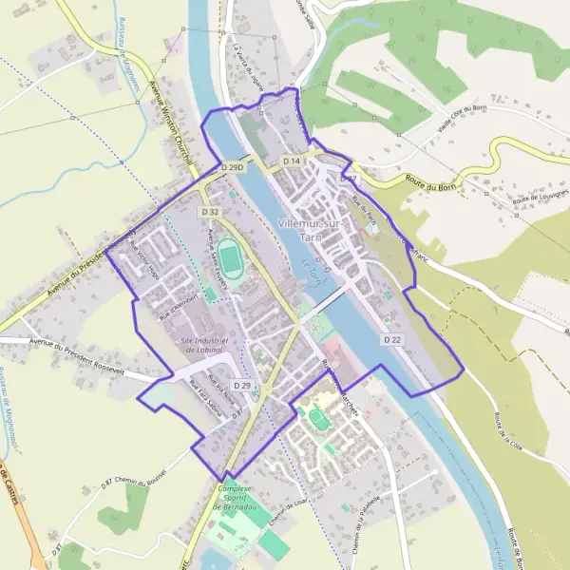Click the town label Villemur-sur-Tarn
click(310, 229)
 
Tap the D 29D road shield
click(233, 168)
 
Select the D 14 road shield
click(292, 161)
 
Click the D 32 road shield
click(210, 212)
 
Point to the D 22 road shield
click(392, 339)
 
